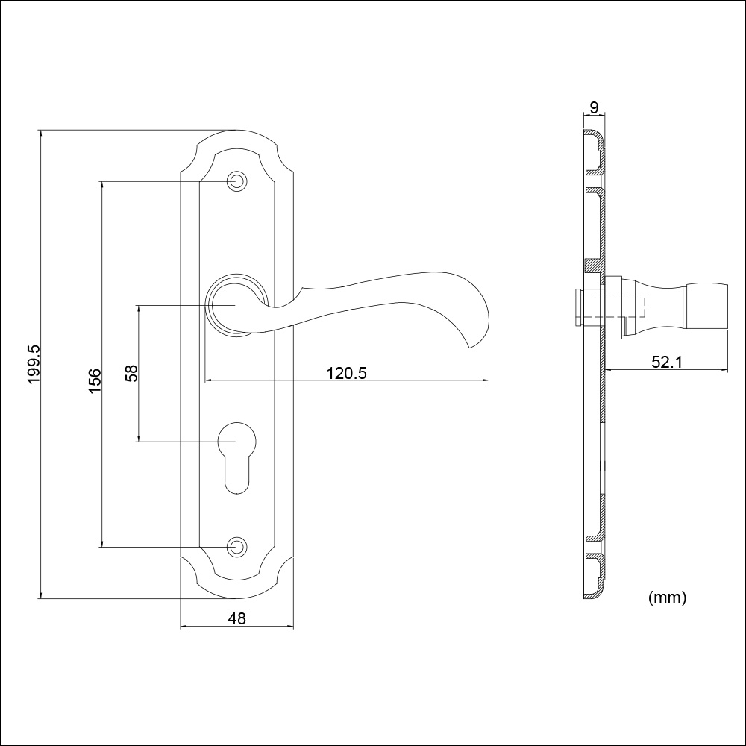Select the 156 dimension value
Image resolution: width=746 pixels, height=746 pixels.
(95, 380)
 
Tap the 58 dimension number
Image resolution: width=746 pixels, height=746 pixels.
(131, 373)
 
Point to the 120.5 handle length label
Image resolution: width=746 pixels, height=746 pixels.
(346, 374)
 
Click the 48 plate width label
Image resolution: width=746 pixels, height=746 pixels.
(237, 618)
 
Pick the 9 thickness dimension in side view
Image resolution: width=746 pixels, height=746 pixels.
(594, 107)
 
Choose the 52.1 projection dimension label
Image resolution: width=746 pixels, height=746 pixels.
(666, 362)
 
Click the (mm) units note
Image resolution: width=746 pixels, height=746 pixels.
(667, 597)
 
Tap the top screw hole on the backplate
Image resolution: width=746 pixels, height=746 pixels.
(236, 181)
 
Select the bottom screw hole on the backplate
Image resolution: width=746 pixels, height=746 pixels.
(236, 547)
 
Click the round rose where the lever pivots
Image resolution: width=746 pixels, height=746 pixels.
(236, 305)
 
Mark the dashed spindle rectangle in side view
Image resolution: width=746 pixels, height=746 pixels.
(612, 307)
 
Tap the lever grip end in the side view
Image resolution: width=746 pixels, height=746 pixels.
(706, 306)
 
